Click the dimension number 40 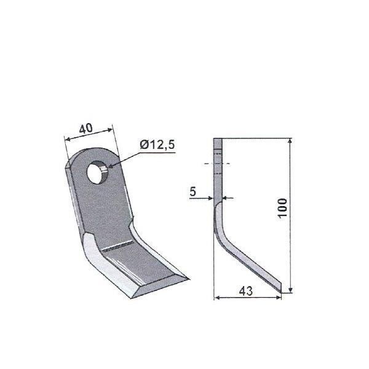(86, 129)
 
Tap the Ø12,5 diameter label (157, 145)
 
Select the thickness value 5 (192, 191)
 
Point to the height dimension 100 (283, 208)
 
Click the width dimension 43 (245, 291)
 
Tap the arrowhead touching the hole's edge (110, 166)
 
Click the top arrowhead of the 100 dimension (290, 141)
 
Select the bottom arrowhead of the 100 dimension (290, 290)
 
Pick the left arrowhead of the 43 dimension (217, 298)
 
